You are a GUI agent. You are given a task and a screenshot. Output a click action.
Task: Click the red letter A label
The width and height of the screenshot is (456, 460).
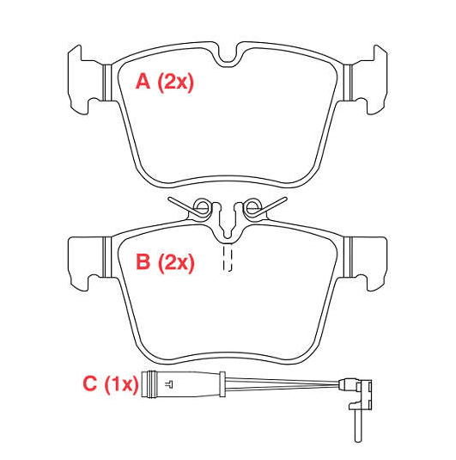click(143, 82)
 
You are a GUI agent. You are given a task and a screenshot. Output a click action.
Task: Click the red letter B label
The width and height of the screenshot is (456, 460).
click(143, 261)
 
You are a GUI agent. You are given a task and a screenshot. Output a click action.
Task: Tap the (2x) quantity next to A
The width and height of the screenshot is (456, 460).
click(176, 83)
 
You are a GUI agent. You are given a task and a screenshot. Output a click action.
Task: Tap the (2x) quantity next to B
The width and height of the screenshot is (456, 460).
click(176, 262)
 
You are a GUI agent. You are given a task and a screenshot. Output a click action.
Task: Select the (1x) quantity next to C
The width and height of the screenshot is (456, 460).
click(121, 384)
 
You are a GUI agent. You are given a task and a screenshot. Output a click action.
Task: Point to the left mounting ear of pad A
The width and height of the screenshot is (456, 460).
click(86, 80)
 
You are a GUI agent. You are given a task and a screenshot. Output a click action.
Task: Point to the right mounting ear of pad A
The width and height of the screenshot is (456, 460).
click(370, 80)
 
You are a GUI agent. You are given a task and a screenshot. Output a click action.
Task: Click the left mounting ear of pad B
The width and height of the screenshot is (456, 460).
click(86, 262)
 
